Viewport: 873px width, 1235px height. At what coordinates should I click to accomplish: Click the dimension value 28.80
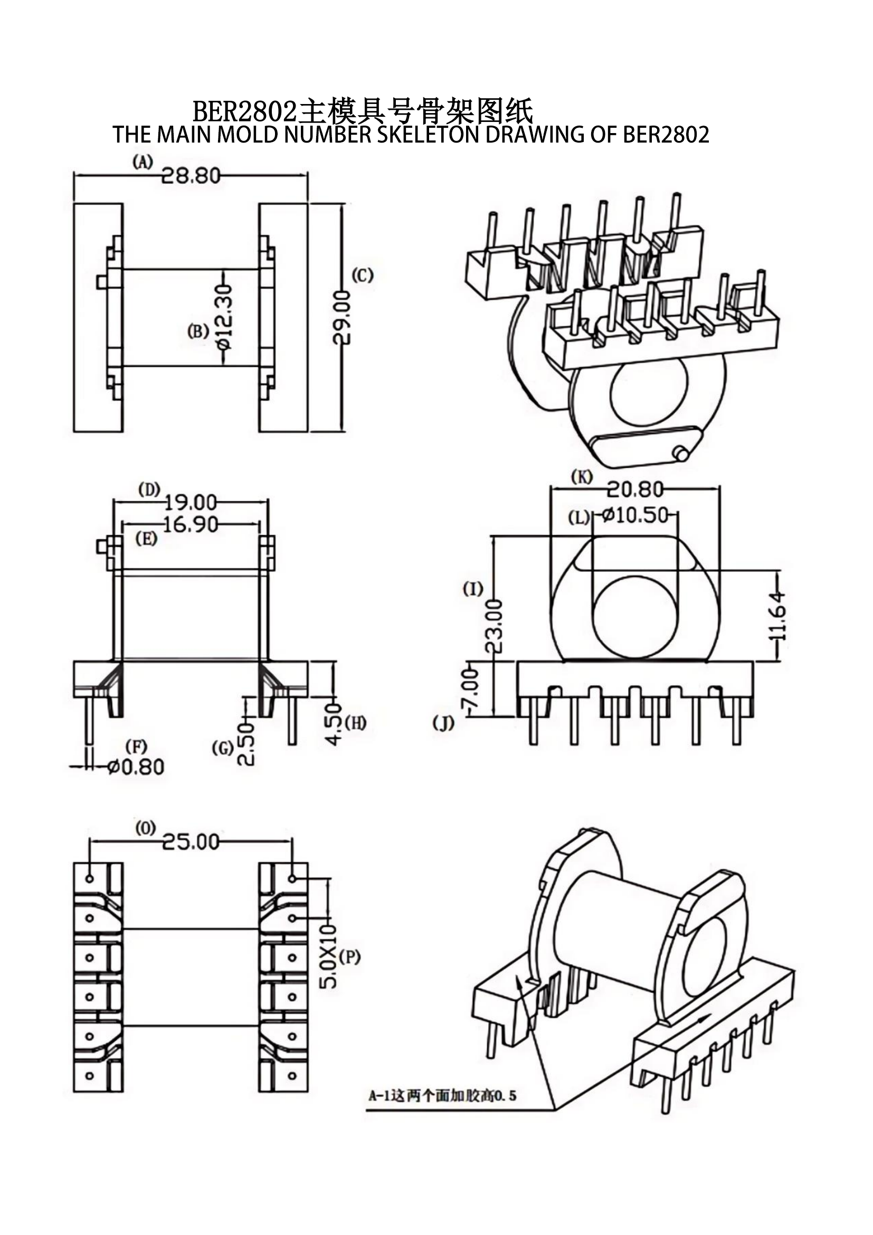click(191, 175)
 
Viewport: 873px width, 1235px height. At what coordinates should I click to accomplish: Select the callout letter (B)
click(198, 332)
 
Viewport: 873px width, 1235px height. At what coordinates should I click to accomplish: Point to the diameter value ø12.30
click(224, 317)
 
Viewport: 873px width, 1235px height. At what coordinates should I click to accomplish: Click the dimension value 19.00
click(191, 503)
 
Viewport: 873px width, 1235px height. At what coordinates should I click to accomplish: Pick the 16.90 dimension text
click(191, 524)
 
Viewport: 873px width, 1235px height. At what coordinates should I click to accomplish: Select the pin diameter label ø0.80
click(136, 767)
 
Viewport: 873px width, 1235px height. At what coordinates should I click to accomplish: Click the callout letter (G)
click(223, 748)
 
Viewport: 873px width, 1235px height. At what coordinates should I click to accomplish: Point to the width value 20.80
click(635, 489)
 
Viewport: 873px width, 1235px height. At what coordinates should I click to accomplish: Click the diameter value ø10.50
click(635, 515)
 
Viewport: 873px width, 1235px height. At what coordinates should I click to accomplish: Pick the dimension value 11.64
click(777, 615)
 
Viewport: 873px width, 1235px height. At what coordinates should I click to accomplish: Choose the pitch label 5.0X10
click(328, 956)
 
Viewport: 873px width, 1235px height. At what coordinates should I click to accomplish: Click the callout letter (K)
click(582, 477)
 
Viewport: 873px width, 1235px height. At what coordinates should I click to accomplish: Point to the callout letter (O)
click(145, 829)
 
